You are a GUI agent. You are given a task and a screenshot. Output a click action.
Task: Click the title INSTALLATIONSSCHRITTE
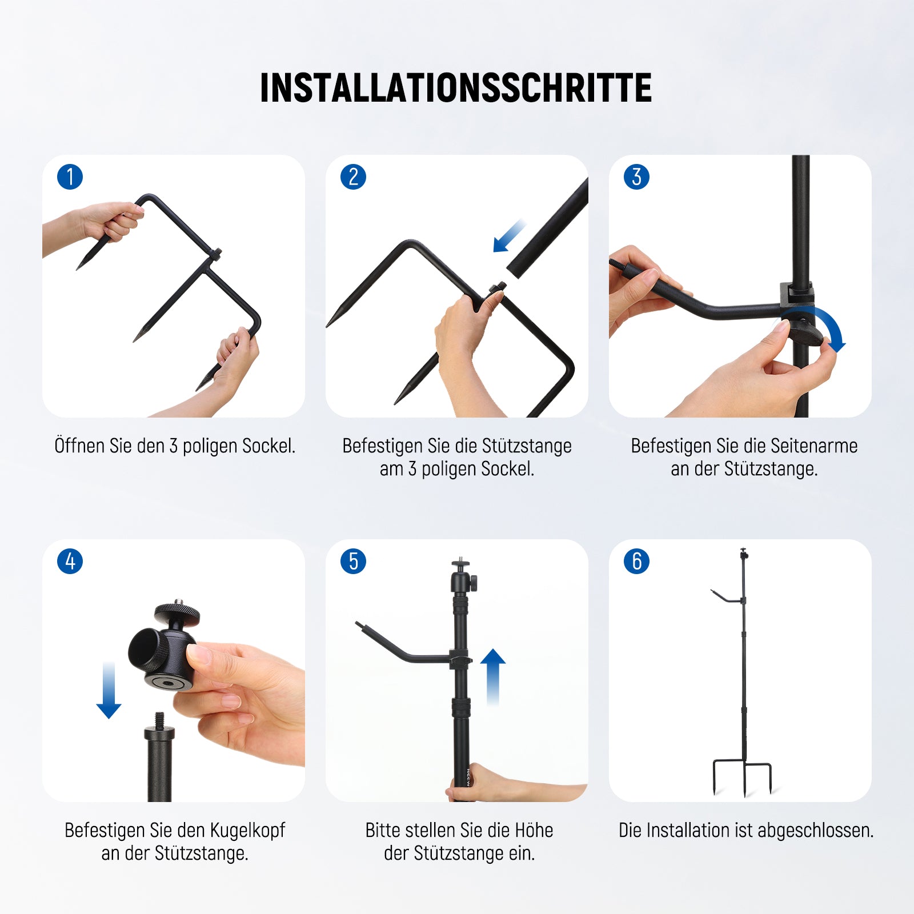point(456,88)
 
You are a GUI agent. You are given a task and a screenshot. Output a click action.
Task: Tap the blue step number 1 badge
point(70,177)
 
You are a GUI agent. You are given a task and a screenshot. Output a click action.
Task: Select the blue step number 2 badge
point(354,177)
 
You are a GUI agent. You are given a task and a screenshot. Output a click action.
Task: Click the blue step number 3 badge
point(637,177)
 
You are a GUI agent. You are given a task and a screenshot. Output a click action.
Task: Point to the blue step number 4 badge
point(70,562)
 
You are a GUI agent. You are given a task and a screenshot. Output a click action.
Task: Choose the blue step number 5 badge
point(354,562)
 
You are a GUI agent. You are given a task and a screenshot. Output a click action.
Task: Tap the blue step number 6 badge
point(637,562)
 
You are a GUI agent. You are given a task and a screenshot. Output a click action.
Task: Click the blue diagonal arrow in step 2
point(509,235)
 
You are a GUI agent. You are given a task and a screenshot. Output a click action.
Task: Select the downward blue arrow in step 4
point(109,690)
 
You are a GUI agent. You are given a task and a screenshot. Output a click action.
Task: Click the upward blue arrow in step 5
point(493,677)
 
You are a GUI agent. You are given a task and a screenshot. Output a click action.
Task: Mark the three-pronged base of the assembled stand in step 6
point(743,777)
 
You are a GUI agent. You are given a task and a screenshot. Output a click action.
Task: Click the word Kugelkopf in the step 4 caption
point(247,831)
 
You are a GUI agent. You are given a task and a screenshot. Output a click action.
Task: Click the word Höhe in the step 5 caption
point(534,830)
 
